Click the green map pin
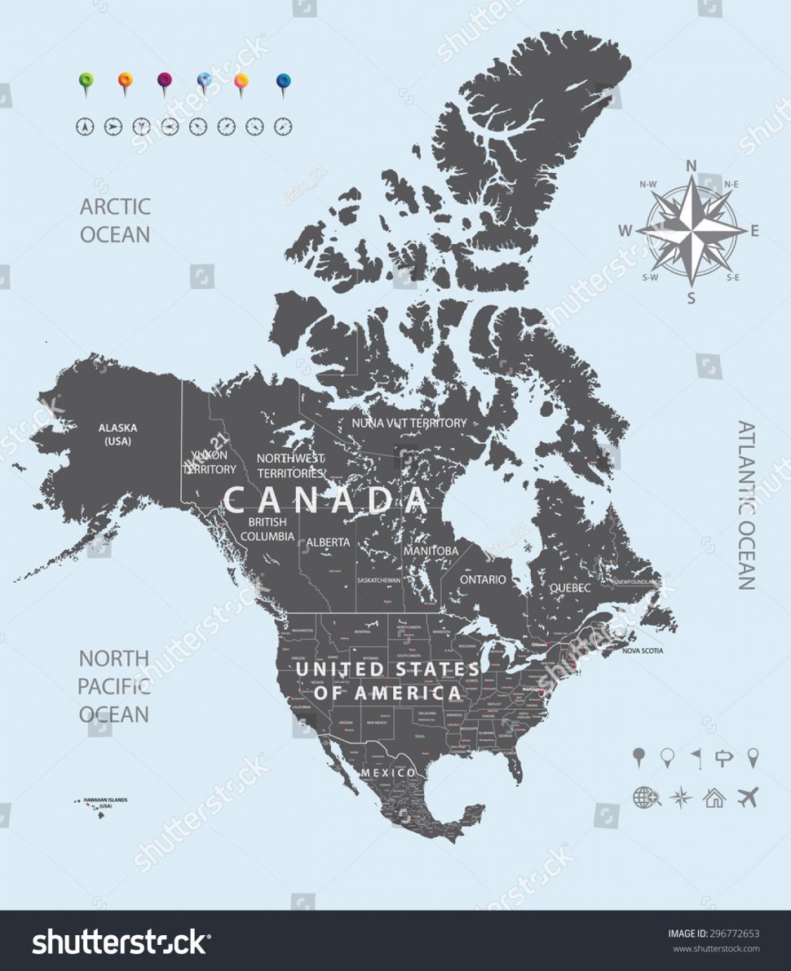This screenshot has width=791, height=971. (x=86, y=81)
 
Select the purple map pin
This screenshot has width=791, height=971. (x=165, y=81)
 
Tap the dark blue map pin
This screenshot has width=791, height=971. (x=283, y=81)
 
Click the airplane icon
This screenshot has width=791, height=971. (x=748, y=796)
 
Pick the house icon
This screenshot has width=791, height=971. (x=714, y=797)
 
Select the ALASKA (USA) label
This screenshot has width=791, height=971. (x=118, y=433)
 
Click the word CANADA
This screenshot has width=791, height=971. (x=326, y=499)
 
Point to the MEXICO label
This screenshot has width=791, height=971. (x=388, y=772)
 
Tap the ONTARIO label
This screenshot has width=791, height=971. (x=483, y=579)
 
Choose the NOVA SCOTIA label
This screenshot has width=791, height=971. (x=643, y=651)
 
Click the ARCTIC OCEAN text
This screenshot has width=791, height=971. (x=115, y=220)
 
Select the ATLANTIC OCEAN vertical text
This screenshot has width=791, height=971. (x=746, y=505)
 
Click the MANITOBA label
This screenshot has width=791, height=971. (x=431, y=551)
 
